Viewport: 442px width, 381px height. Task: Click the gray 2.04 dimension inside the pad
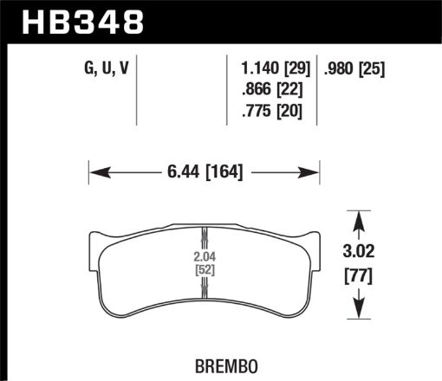point(203,257)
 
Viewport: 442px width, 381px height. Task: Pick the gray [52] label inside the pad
point(203,270)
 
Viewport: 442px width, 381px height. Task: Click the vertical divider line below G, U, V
point(139,95)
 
